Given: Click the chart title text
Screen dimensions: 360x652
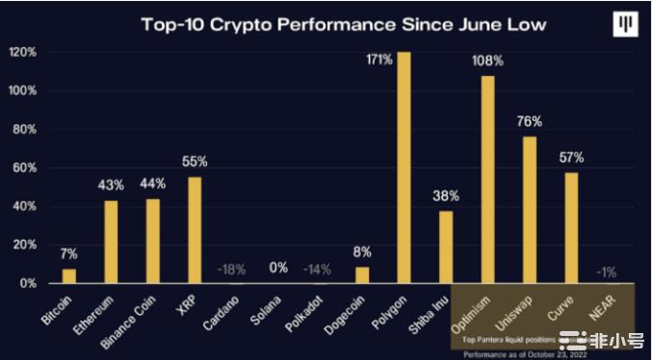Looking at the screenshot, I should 326,23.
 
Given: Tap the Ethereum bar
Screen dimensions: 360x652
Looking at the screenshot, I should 111,242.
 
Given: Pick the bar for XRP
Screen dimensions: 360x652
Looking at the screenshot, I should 195,230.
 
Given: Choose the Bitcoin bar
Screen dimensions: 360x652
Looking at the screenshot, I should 69,275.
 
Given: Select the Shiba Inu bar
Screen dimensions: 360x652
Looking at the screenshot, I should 445,246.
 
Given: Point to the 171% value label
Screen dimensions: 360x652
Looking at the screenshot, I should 379,61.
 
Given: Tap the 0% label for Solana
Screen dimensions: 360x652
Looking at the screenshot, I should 277,268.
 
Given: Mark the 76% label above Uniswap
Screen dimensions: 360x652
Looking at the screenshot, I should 529,121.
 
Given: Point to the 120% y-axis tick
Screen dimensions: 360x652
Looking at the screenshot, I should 23,52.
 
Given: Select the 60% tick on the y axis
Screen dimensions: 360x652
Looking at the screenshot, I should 25,167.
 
